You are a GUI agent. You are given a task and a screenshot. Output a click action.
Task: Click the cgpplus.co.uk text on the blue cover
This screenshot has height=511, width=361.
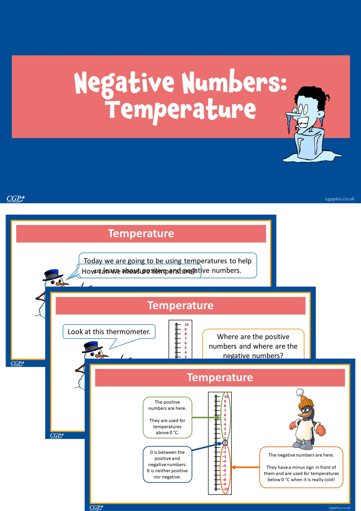[340, 199]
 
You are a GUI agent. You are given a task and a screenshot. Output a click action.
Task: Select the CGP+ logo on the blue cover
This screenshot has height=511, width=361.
[16, 199]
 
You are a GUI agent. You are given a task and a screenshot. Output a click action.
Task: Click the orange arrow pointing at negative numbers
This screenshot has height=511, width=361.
[245, 467]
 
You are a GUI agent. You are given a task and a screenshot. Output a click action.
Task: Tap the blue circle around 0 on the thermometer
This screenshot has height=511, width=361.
[225, 443]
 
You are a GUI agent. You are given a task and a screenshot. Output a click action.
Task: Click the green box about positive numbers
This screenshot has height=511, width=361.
[167, 417]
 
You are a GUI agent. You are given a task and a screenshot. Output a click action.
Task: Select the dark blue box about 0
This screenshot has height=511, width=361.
[167, 464]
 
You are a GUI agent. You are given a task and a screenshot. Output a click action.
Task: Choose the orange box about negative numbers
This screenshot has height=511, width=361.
[301, 467]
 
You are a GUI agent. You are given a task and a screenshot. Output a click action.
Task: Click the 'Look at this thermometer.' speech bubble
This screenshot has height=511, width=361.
[109, 332]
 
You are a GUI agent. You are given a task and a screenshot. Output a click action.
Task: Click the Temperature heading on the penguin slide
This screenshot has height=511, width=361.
[220, 377]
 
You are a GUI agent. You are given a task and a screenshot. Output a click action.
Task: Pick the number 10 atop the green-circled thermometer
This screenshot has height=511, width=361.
[226, 397]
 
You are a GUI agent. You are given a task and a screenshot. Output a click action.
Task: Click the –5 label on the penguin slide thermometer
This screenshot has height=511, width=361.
[224, 466]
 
